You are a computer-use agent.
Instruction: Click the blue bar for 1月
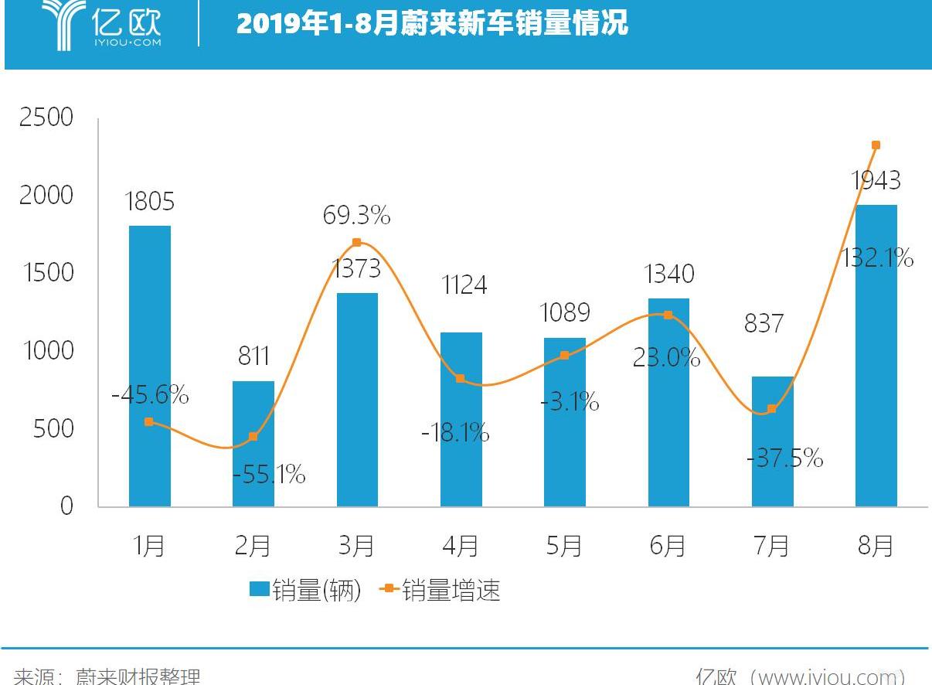pyautogui.click(x=150, y=366)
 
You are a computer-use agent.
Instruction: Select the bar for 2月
pyautogui.click(x=253, y=444)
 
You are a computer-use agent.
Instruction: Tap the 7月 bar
pyautogui.click(x=772, y=441)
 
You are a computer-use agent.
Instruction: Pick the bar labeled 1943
pyautogui.click(x=876, y=356)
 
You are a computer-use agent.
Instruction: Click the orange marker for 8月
pyautogui.click(x=876, y=145)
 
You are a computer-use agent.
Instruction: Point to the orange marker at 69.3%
pyautogui.click(x=356, y=243)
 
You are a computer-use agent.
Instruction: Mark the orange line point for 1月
pyautogui.click(x=149, y=422)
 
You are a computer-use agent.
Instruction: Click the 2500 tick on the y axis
pyautogui.click(x=46, y=118)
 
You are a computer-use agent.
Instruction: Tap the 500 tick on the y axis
pyautogui.click(x=53, y=428)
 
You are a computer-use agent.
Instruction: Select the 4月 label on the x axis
pyautogui.click(x=460, y=546)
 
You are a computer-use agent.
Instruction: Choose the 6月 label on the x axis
pyautogui.click(x=668, y=546)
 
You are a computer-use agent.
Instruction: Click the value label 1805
pyautogui.click(x=149, y=202)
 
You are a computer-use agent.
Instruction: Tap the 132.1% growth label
pyautogui.click(x=877, y=257)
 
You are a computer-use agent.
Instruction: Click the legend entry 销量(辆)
pyautogui.click(x=305, y=591)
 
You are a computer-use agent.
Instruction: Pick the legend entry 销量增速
pyautogui.click(x=440, y=591)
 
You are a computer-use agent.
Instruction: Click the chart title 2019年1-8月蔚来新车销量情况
pyautogui.click(x=432, y=25)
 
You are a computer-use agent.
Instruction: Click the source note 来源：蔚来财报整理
pyautogui.click(x=107, y=676)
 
